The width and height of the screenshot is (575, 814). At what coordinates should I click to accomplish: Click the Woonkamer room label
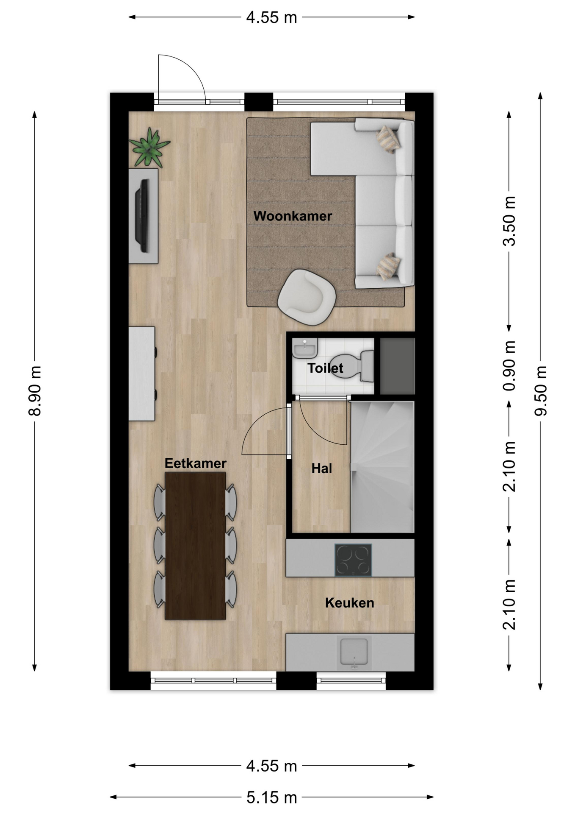[x=293, y=216]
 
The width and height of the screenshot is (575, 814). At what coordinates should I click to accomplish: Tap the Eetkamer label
[x=195, y=463]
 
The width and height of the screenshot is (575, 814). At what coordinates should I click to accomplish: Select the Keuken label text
[x=349, y=602]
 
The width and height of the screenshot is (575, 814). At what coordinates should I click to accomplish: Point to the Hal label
[x=322, y=468]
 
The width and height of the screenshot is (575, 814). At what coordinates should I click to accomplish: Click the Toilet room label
[x=325, y=368]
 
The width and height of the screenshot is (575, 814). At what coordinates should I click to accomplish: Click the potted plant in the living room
[x=149, y=148]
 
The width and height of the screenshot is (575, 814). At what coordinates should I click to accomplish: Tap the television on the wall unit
[x=143, y=216]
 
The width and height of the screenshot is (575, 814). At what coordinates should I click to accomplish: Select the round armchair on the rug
[x=307, y=297]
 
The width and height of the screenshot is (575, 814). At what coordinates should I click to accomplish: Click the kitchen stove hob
[x=353, y=560]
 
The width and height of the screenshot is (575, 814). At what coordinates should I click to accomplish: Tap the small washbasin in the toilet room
[x=305, y=348]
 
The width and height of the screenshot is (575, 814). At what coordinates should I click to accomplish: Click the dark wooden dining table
[x=195, y=546]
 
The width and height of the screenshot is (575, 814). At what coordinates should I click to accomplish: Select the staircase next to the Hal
[x=382, y=467]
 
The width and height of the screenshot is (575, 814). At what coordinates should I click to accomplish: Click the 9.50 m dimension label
[x=540, y=390]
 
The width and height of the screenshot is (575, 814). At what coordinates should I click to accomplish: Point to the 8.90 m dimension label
[x=35, y=390]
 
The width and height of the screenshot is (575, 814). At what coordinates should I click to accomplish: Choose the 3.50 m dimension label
[x=509, y=221]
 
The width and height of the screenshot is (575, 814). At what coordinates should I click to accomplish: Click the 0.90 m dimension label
[x=509, y=365]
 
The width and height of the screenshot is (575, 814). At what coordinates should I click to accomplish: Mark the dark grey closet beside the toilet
[x=397, y=366]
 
